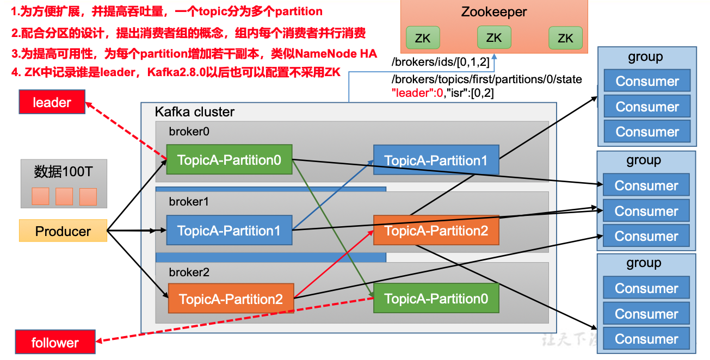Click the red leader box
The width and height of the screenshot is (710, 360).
point(52,102)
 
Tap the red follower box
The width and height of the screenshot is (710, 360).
point(55,343)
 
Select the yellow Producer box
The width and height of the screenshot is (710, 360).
point(63,231)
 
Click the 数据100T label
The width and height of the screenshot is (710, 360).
point(64,172)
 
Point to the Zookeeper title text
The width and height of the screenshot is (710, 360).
point(494,12)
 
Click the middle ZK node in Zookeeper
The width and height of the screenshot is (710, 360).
point(494,38)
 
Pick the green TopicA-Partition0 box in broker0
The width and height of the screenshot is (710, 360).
point(229,160)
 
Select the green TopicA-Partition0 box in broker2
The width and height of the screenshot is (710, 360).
point(436,299)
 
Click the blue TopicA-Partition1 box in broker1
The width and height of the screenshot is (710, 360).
point(229,231)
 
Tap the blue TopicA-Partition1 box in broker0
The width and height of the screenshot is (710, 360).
point(436,160)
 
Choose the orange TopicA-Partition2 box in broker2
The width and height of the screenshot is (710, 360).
point(231,299)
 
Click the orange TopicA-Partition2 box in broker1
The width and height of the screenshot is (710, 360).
point(436,231)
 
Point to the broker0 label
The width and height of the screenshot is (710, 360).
point(189,131)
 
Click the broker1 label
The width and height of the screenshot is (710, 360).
point(189,202)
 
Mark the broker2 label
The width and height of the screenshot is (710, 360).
point(189,272)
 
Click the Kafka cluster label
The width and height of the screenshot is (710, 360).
point(195,112)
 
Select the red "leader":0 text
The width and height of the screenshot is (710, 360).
point(417,93)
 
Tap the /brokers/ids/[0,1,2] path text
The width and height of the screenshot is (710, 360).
point(441,63)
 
